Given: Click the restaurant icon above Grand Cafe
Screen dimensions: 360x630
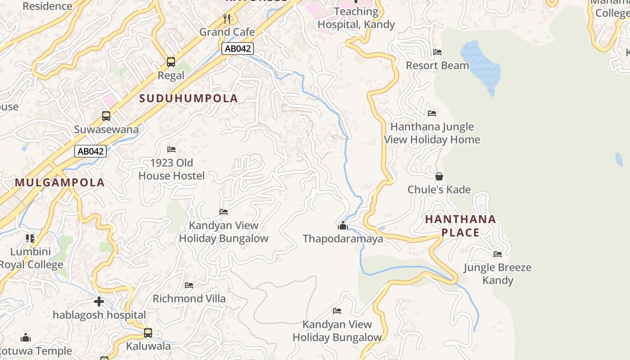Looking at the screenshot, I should (227, 19).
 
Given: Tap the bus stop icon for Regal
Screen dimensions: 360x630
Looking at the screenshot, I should (171, 62).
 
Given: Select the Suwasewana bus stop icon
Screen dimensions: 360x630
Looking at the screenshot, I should (106, 116).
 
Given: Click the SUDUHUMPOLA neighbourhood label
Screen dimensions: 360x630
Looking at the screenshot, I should (189, 98).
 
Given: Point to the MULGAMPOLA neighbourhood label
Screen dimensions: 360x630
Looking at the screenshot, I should (60, 182).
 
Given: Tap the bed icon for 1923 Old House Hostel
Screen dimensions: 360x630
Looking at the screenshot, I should (171, 149).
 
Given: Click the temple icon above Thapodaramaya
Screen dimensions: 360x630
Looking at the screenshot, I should (343, 225).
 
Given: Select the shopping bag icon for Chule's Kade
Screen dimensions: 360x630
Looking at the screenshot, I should (439, 176).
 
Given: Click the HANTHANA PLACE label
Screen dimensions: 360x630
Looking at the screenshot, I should (460, 226).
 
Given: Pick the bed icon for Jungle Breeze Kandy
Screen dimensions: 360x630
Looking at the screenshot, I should (498, 254).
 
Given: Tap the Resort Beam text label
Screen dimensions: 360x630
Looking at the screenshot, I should (437, 66).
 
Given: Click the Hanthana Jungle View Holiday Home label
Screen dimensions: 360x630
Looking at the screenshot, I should (432, 133).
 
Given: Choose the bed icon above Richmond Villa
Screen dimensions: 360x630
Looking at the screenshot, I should (189, 285).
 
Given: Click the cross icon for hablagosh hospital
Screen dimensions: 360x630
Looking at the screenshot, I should (99, 301).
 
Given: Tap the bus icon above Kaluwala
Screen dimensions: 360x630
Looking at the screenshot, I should (148, 333).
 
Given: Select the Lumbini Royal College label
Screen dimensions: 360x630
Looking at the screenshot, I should (31, 258).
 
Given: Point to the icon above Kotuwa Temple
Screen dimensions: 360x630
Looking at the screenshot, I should (26, 337).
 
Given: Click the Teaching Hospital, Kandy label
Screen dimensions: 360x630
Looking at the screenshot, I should (356, 18).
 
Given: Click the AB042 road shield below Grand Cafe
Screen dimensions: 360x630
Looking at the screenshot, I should (238, 49).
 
